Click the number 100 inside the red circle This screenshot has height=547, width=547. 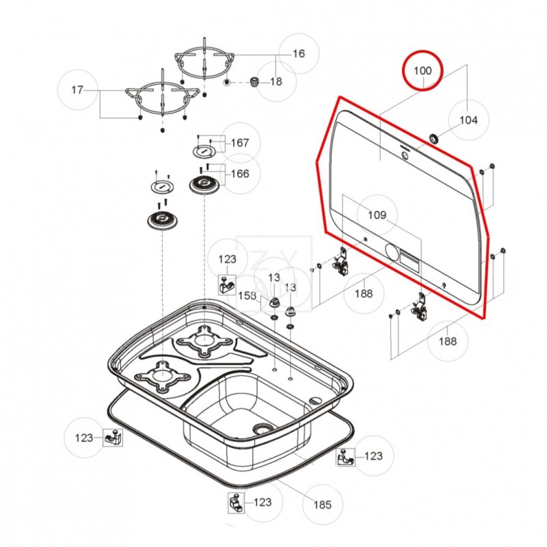423,70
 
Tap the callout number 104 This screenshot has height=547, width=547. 468,120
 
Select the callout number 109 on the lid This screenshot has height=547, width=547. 377,215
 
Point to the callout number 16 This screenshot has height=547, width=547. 298,53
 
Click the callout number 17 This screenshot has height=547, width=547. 77,90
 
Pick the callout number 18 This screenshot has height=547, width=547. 276,81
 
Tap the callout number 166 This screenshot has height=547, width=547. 239,174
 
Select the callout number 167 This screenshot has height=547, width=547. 239,143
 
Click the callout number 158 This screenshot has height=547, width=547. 247,295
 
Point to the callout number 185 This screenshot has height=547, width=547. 322,505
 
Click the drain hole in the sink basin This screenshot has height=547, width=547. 261,429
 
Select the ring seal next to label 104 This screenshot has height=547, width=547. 433,139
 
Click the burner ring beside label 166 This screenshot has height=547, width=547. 203,184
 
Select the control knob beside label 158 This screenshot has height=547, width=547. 274,302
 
